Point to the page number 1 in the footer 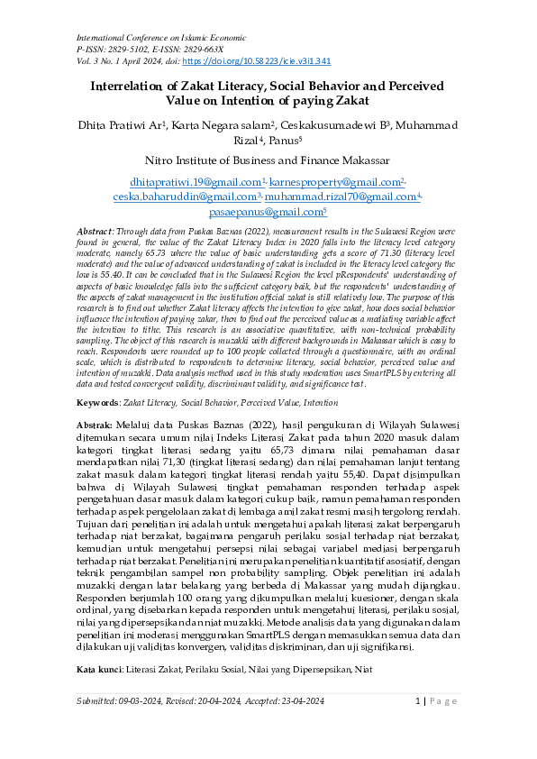pos(420,726)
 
